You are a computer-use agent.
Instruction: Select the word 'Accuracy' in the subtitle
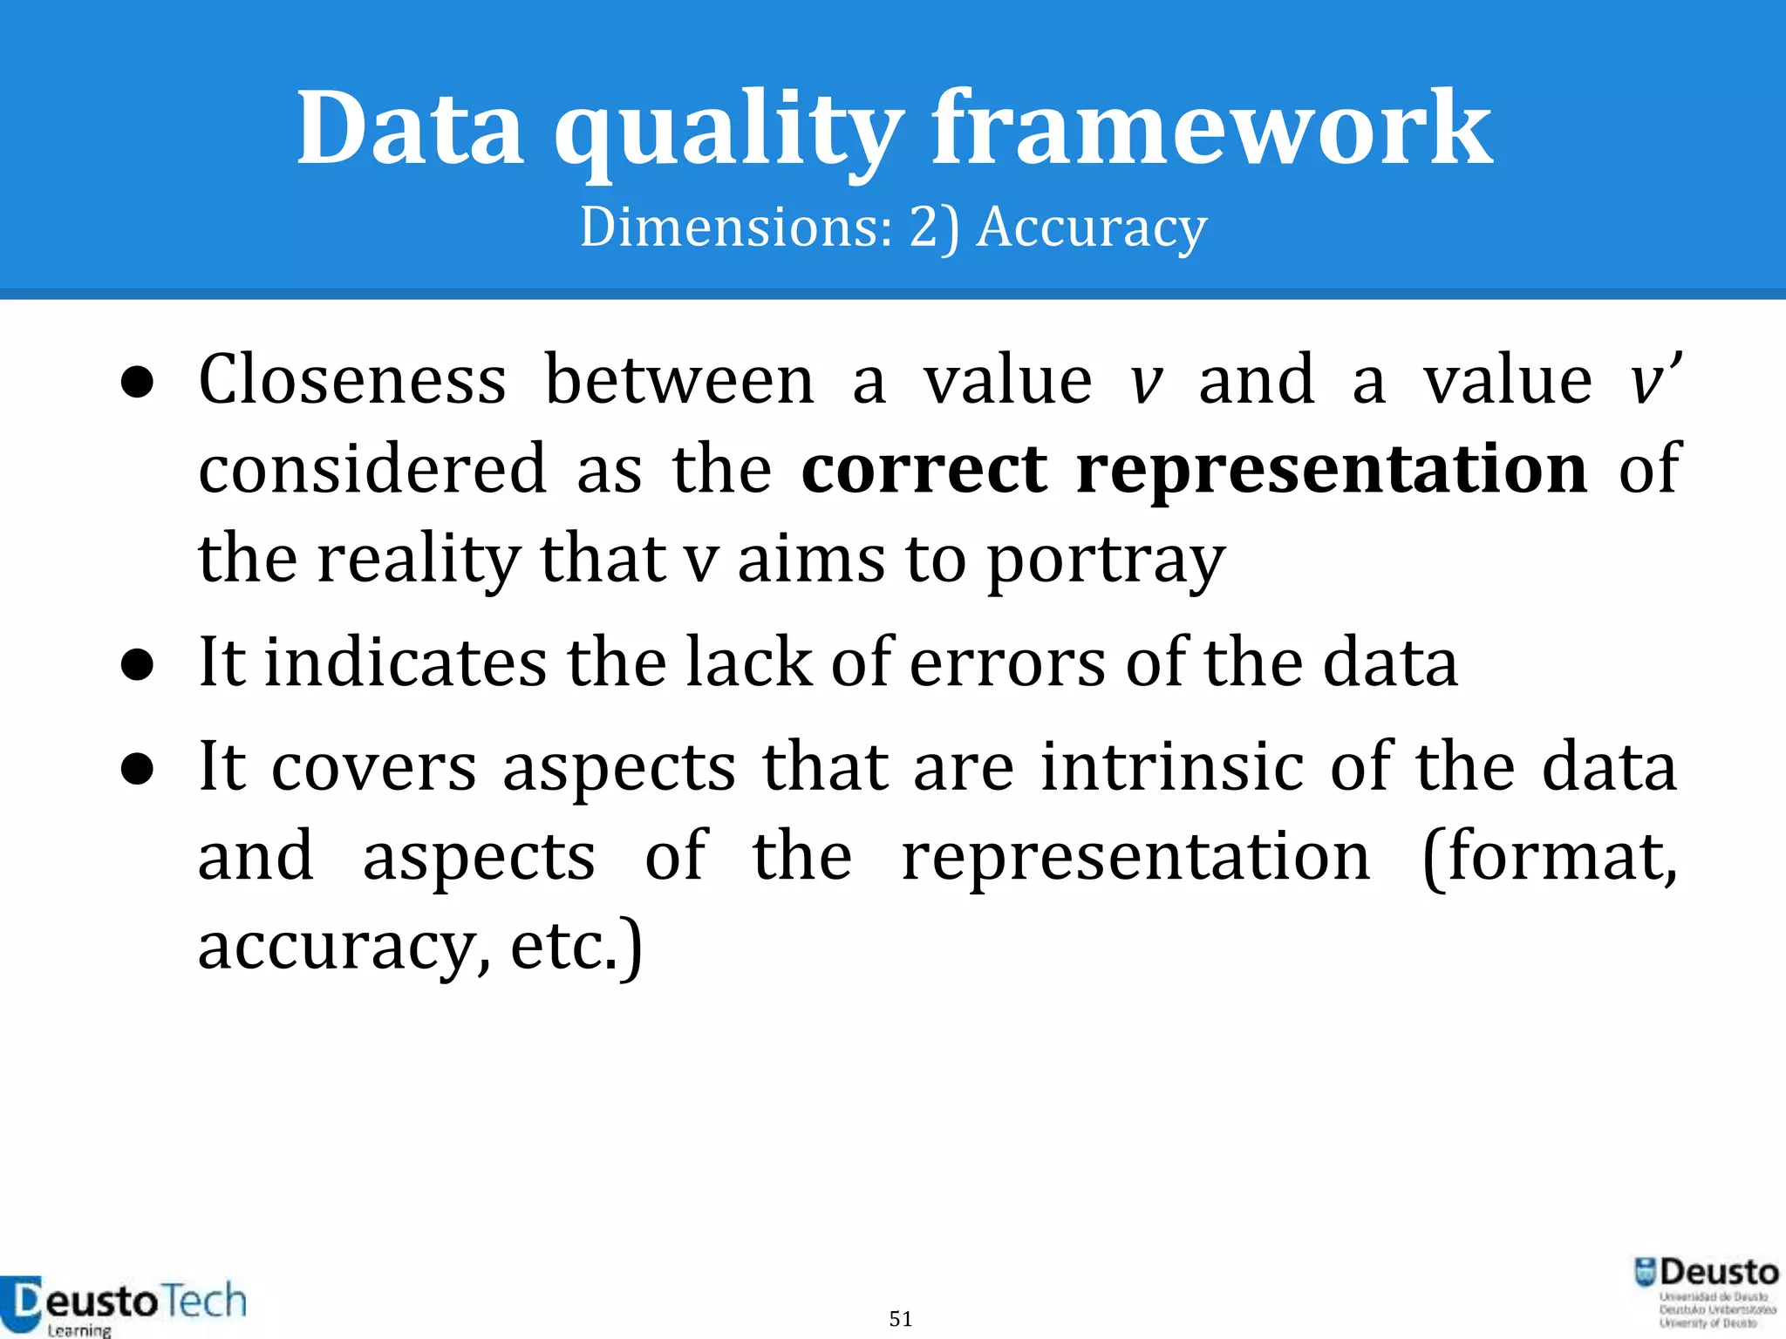point(1091,228)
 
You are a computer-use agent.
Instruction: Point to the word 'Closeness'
point(352,380)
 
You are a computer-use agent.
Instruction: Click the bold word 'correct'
point(924,469)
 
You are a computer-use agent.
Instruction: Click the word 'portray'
point(1106,561)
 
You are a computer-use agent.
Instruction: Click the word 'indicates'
point(406,663)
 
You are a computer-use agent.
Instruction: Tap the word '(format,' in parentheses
point(1549,858)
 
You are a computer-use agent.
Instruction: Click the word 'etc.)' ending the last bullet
point(576,947)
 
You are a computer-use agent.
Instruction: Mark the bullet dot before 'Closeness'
point(138,383)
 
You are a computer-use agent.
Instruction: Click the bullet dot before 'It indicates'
point(138,665)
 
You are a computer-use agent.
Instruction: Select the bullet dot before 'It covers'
point(138,770)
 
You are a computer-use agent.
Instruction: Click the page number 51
point(901,1319)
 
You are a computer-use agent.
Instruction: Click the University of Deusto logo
point(1706,1292)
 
